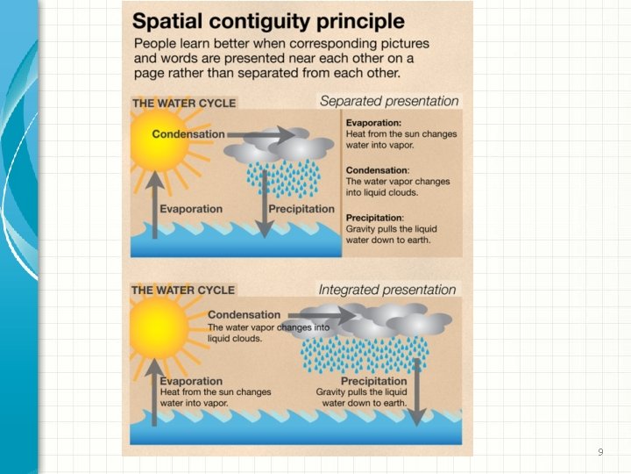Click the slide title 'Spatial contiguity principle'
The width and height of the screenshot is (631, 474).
tap(269, 21)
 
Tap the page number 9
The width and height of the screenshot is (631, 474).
tap(600, 452)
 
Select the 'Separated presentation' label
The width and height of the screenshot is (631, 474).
tap(389, 101)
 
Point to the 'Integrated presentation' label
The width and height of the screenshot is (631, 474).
tap(387, 290)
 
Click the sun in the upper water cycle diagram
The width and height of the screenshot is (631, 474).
tap(160, 140)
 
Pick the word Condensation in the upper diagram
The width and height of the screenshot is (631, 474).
tap(188, 134)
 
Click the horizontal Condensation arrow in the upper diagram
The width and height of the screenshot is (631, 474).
tap(267, 135)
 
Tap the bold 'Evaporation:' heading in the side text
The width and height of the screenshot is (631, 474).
tap(374, 123)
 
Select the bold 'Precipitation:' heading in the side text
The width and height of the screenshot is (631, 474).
tap(375, 217)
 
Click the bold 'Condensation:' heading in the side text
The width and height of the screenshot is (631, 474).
tap(378, 170)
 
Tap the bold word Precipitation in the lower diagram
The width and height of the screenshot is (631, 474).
tap(374, 381)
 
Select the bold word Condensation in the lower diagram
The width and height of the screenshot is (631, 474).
tap(245, 314)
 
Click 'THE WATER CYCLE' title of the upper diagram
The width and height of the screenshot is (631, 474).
tap(183, 103)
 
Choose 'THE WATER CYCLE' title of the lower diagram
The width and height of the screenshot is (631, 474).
tap(183, 290)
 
